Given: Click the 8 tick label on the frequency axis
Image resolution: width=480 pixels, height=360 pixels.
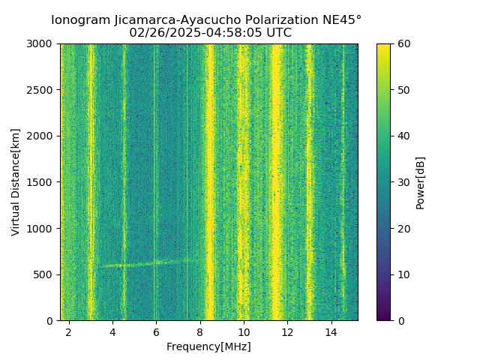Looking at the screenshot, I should coord(200,331).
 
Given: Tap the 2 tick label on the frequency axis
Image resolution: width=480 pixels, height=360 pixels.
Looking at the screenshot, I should coord(69,331).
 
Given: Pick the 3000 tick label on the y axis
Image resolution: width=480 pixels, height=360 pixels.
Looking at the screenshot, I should coord(42,44).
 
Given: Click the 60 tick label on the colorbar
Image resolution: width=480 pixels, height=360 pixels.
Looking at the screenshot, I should coord(403,44).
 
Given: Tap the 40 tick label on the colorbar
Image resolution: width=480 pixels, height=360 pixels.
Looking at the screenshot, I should coord(403,136).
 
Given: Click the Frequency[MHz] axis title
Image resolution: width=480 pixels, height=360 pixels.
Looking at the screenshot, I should coord(208,346).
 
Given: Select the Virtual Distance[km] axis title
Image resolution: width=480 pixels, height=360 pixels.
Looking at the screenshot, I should coord(16,182).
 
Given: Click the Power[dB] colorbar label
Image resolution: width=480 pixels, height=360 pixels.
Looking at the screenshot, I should coord(420,182).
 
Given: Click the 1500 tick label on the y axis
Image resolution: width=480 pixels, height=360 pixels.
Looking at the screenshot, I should coord(42,182).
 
